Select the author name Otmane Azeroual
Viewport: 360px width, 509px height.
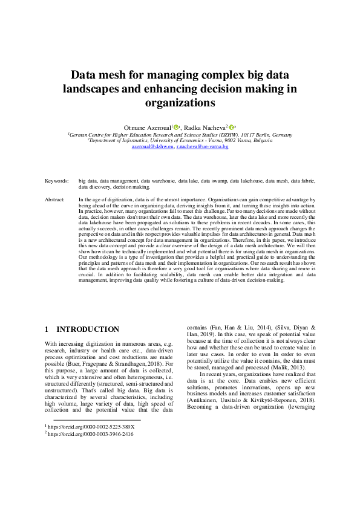(x=148, y=128)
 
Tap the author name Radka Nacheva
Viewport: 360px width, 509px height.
(x=205, y=128)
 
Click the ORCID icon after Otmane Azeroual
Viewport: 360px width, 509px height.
(x=176, y=128)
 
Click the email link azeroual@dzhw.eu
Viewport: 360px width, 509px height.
(x=152, y=146)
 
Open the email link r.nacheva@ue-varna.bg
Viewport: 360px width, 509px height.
(x=202, y=146)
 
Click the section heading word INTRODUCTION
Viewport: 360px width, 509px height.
(x=88, y=329)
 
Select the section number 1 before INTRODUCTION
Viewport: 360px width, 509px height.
(x=47, y=329)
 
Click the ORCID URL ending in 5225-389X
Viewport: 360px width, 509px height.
(x=91, y=427)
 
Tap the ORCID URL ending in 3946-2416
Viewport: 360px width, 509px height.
(x=91, y=434)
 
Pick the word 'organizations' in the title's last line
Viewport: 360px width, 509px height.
(x=180, y=103)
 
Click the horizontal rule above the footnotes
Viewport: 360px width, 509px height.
(x=97, y=420)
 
